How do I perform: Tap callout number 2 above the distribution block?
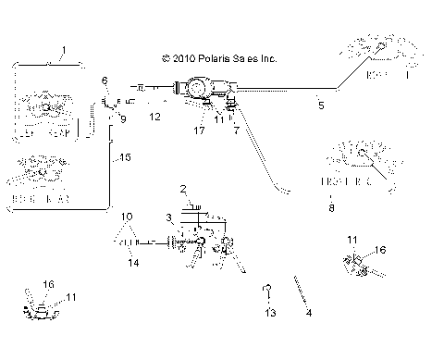click(x=184, y=188)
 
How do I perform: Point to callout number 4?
click(x=309, y=313)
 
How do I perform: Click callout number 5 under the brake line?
click(x=321, y=106)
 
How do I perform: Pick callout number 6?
click(x=105, y=81)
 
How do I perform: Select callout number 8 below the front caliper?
click(x=332, y=209)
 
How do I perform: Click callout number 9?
click(x=122, y=119)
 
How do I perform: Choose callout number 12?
click(x=155, y=118)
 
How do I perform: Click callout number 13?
click(x=270, y=314)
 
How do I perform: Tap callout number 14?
click(x=133, y=263)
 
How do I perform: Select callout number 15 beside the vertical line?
click(x=125, y=158)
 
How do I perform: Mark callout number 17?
click(x=199, y=131)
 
